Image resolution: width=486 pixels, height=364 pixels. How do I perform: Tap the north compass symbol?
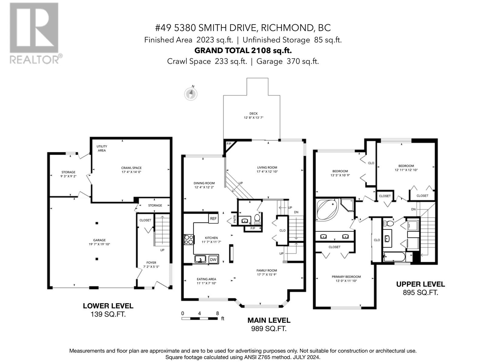click(191, 94)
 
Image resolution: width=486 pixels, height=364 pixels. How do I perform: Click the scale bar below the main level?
click(200, 318)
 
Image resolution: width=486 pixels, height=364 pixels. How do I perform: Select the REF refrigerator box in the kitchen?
click(213, 219)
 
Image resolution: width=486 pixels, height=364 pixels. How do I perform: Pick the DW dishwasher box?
click(213, 259)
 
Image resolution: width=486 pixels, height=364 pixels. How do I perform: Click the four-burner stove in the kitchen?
click(189, 240)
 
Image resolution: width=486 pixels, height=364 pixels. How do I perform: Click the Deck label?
click(254, 116)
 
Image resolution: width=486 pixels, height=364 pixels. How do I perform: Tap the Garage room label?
click(99, 242)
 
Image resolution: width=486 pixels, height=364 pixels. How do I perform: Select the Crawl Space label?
click(131, 170)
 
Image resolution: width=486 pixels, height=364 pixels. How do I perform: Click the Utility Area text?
click(102, 148)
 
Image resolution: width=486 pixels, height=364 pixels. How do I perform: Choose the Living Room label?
click(267, 170)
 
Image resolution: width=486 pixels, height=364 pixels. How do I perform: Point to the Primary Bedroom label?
click(346, 279)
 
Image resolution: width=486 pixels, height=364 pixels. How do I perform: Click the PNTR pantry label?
click(235, 219)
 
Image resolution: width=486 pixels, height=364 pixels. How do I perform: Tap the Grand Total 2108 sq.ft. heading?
click(243, 51)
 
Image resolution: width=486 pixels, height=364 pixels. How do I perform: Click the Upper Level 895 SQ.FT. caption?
click(420, 288)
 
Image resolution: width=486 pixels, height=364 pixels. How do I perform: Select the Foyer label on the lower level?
click(151, 265)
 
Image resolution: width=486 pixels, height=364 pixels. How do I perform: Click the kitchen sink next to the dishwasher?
click(200, 259)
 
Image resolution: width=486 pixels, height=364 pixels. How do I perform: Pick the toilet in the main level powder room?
click(257, 218)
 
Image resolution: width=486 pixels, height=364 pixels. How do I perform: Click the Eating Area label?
click(206, 281)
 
